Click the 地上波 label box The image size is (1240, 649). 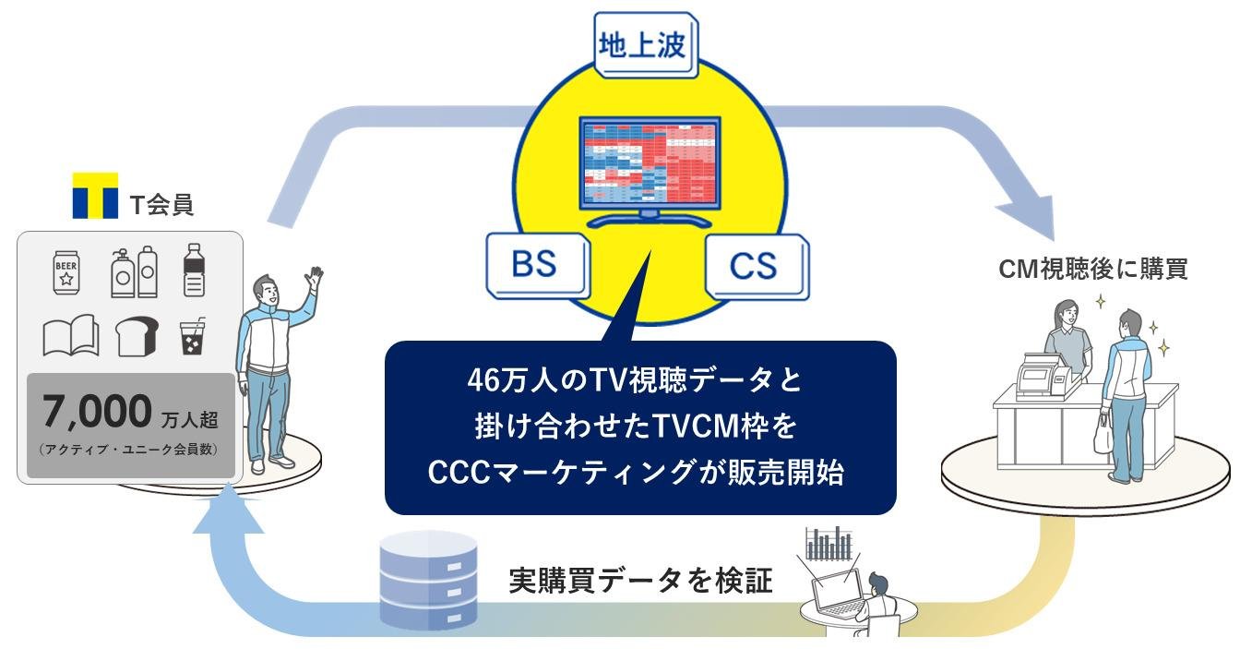click(x=643, y=45)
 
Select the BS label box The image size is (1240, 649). click(x=534, y=264)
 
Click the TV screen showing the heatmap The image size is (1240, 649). click(x=648, y=162)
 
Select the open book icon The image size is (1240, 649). click(x=71, y=335)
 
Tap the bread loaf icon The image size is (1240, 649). click(x=136, y=336)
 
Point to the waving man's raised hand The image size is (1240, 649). click(x=316, y=276)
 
